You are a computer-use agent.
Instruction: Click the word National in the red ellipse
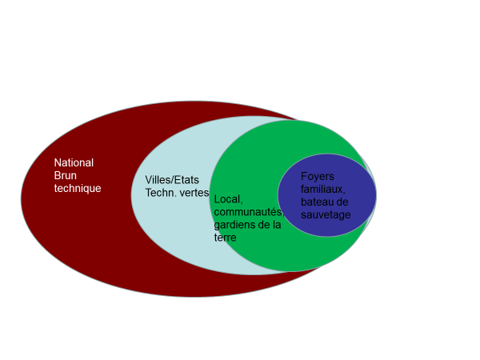pos(74,162)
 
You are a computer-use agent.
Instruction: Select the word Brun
pos(64,175)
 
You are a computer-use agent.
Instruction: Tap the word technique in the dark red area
pos(78,188)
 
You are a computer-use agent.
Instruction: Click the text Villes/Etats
pos(172,180)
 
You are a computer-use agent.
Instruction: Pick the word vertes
pos(194,193)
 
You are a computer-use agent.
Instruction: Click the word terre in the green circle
pos(226,238)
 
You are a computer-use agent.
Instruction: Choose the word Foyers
pos(318,177)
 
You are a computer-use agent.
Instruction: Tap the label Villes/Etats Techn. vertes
pos(177,186)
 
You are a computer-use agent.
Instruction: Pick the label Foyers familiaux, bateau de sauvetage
pos(324,195)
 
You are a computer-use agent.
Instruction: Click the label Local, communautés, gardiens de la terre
pos(249,218)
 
